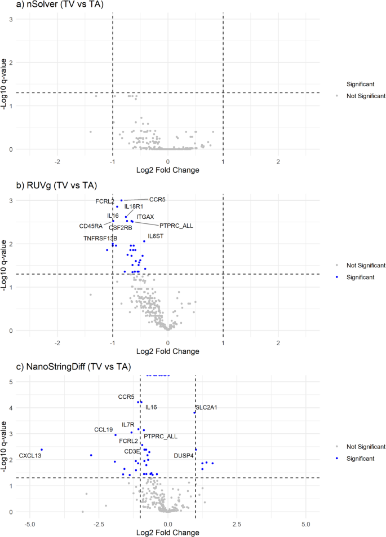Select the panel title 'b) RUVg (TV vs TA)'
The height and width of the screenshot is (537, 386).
click(39, 186)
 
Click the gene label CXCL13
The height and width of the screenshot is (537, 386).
click(30, 455)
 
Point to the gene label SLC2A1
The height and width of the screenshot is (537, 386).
click(206, 407)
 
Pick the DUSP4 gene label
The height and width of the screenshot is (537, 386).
click(184, 455)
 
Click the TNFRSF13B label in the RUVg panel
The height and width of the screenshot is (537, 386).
click(100, 239)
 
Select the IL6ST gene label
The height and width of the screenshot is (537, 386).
click(156, 236)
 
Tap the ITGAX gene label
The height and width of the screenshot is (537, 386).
click(145, 217)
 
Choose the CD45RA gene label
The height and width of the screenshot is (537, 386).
click(91, 226)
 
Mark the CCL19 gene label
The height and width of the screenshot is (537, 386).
click(104, 430)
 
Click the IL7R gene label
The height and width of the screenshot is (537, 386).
click(128, 425)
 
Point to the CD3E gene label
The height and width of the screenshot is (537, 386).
click(132, 451)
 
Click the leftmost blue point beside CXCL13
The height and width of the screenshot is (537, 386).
click(42, 450)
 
